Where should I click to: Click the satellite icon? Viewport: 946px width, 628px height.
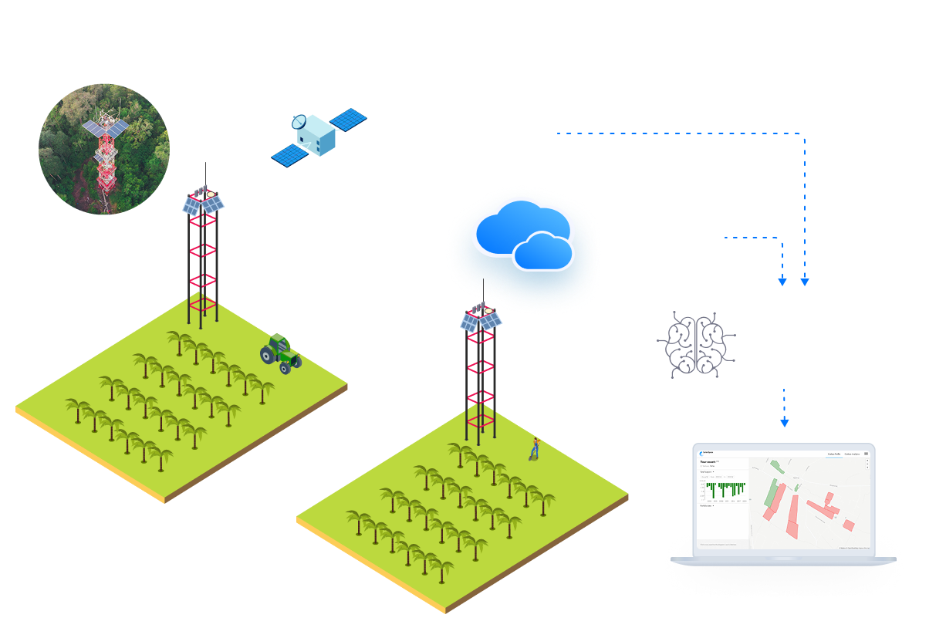pyautogui.click(x=317, y=137)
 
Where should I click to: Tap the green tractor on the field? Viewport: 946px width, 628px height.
pyautogui.click(x=280, y=353)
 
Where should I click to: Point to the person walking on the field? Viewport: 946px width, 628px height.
pyautogui.click(x=533, y=448)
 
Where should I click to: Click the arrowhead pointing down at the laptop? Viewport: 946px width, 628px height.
pyautogui.click(x=785, y=422)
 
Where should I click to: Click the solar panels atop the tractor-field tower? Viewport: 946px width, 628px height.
pyautogui.click(x=203, y=203)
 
